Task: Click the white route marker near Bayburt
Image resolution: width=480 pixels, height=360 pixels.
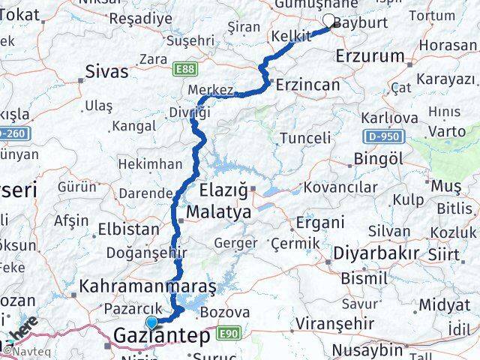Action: pyautogui.click(x=328, y=22)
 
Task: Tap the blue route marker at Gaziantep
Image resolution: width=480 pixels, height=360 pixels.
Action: pyautogui.click(x=152, y=322)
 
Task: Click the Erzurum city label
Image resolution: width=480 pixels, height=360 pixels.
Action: pyautogui.click(x=370, y=56)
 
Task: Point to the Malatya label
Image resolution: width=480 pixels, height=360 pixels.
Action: pyautogui.click(x=218, y=211)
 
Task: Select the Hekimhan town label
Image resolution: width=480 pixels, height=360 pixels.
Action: pyautogui.click(x=150, y=163)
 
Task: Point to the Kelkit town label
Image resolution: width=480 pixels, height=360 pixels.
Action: pyautogui.click(x=291, y=36)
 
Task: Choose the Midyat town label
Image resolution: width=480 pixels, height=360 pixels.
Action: pyautogui.click(x=444, y=305)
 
